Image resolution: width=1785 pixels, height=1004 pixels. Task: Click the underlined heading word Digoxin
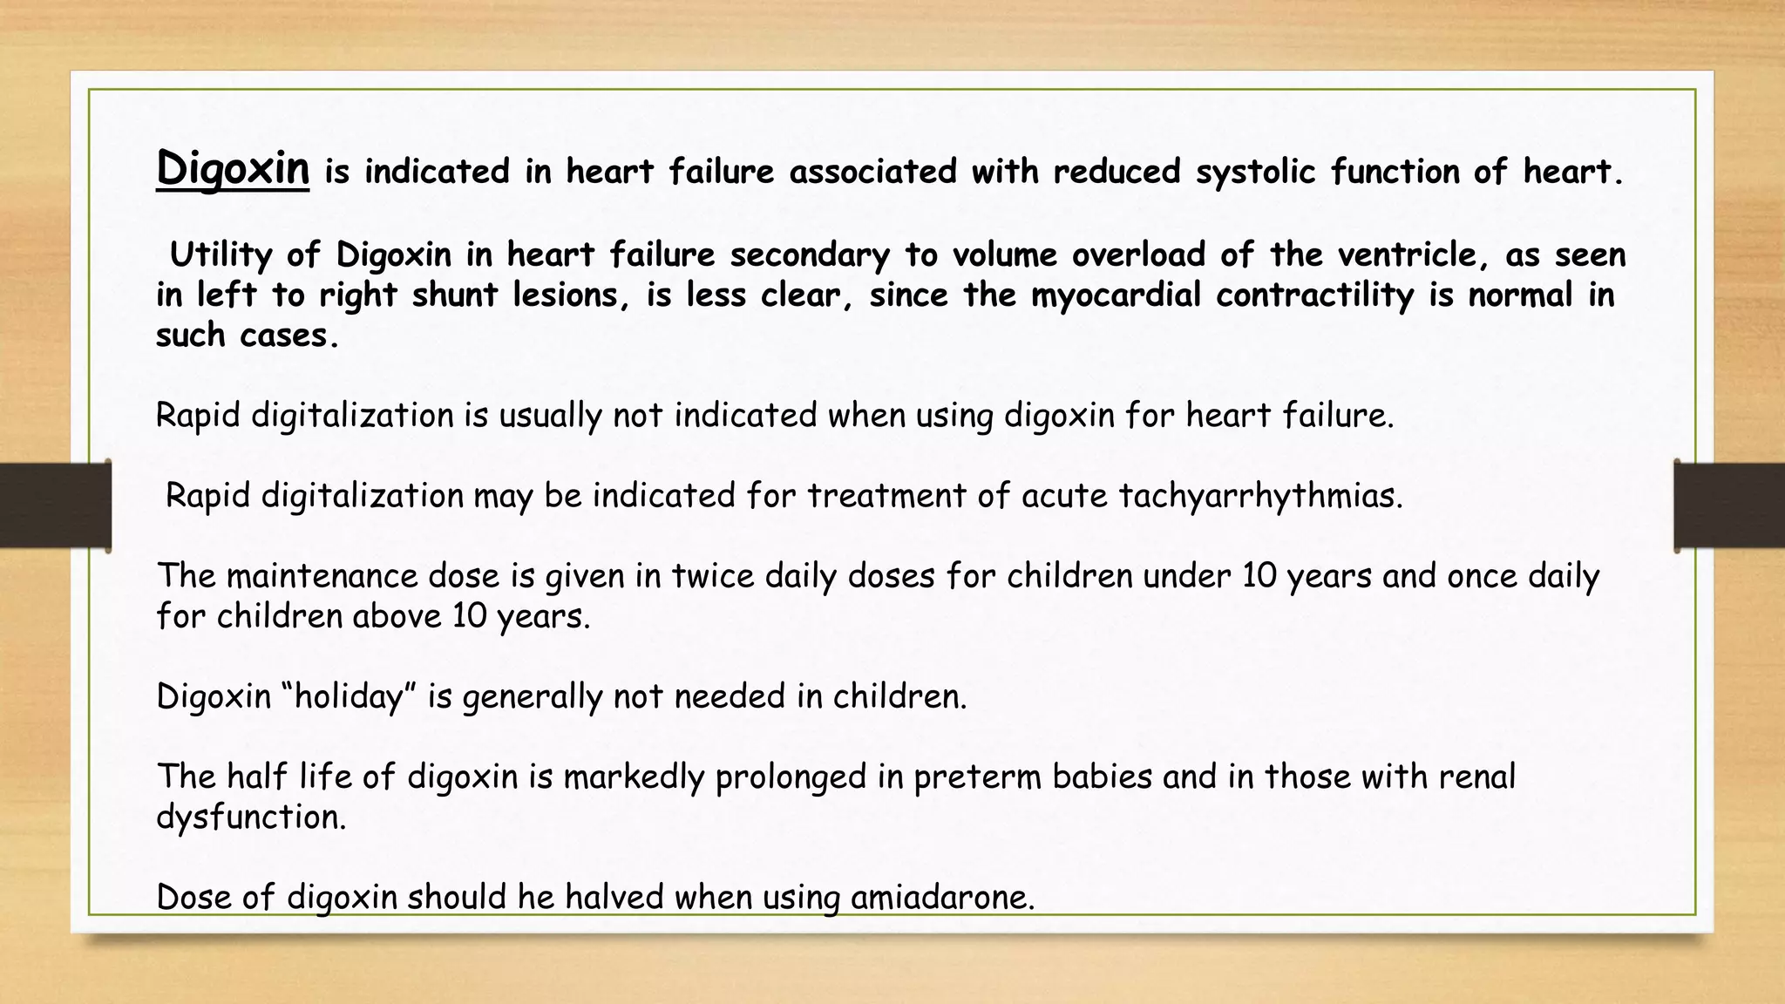[233, 167]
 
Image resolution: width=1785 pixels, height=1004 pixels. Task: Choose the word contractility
[1315, 295]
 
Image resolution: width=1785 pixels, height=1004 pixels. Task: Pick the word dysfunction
[251, 817]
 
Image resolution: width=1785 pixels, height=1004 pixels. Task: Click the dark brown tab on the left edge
[55, 505]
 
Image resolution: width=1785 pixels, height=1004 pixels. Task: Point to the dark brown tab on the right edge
[1729, 505]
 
